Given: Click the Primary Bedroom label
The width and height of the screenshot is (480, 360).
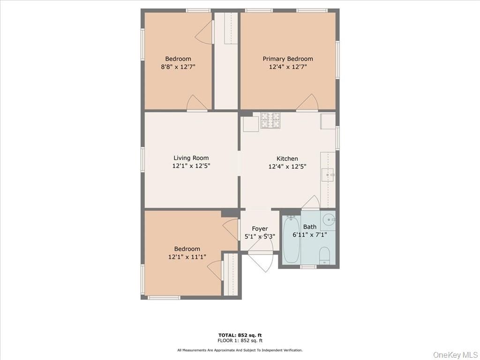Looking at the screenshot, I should pyautogui.click(x=287, y=59).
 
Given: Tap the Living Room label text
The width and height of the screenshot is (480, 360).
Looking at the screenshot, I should pyautogui.click(x=191, y=158).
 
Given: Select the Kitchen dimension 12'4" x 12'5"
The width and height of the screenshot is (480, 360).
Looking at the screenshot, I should pyautogui.click(x=287, y=166).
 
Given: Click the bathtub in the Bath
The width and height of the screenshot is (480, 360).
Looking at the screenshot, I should pyautogui.click(x=291, y=240).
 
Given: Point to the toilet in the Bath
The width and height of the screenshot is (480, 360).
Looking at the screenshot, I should pyautogui.click(x=324, y=256).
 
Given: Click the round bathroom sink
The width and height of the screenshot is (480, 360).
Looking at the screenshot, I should pyautogui.click(x=329, y=219).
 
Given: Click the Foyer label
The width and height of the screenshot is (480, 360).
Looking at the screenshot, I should pyautogui.click(x=260, y=229).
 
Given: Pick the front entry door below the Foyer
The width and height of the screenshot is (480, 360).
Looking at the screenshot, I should pyautogui.click(x=261, y=261).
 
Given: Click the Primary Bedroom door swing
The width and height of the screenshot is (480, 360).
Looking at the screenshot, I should pyautogui.click(x=307, y=103).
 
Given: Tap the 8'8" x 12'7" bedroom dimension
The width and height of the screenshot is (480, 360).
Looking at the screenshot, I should pyautogui.click(x=178, y=67).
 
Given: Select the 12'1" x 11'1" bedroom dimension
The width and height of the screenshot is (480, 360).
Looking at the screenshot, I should pyautogui.click(x=187, y=257).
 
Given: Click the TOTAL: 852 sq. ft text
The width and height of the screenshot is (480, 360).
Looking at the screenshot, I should pyautogui.click(x=240, y=335).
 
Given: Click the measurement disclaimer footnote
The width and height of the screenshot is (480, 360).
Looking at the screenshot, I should pyautogui.click(x=240, y=350).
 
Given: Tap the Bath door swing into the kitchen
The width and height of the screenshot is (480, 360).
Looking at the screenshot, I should pyautogui.click(x=311, y=202).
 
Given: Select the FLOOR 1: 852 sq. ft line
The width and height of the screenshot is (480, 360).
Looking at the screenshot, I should pyautogui.click(x=240, y=341).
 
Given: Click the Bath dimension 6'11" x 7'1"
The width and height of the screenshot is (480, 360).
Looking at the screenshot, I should pyautogui.click(x=309, y=235).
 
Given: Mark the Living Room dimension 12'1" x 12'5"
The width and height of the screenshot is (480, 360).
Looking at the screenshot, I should pyautogui.click(x=191, y=166).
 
